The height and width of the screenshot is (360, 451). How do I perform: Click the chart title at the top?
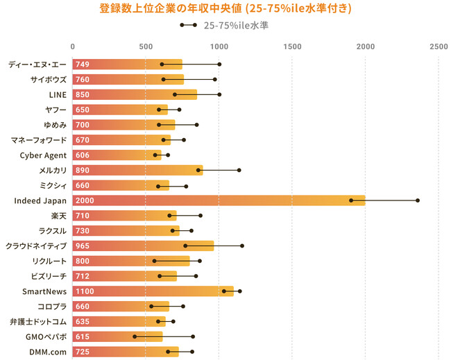pyautogui.click(x=226, y=9)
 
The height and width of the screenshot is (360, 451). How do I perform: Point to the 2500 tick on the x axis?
pyautogui.click(x=439, y=46)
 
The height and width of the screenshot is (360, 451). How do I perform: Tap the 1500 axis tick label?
pyautogui.click(x=292, y=46)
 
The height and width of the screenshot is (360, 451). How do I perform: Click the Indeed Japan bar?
pyautogui.click(x=219, y=200)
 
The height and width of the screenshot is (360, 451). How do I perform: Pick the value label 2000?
pyautogui.click(x=86, y=200)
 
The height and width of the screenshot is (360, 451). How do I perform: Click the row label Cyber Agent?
pyautogui.click(x=44, y=155)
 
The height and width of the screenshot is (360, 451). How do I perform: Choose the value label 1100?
pyautogui.click(x=85, y=291)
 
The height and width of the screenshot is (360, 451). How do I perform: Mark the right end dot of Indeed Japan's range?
pyautogui.click(x=418, y=200)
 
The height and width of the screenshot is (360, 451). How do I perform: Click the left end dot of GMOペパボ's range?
pyautogui.click(x=135, y=336)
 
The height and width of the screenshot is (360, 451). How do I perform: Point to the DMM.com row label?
pyautogui.click(x=48, y=352)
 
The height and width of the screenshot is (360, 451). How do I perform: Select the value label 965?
pyautogui.click(x=83, y=246)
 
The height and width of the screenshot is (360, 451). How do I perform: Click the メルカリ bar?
pyautogui.click(x=137, y=170)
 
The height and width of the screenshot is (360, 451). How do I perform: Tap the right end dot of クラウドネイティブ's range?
pyautogui.click(x=242, y=246)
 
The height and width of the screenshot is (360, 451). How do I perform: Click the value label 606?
pyautogui.click(x=83, y=155)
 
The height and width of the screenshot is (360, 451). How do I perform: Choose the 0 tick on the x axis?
pyautogui.click(x=72, y=46)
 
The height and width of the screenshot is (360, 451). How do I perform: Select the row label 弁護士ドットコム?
pyautogui.click(x=39, y=321)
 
